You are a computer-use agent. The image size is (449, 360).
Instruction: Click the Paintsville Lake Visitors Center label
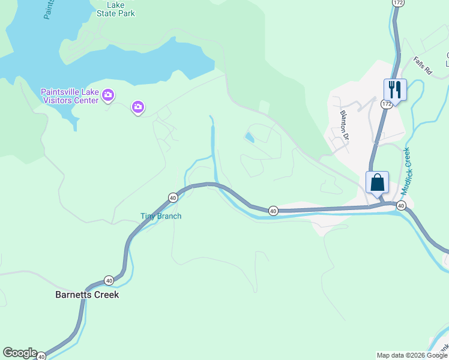(69, 96)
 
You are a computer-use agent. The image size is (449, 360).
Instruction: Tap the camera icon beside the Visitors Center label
(108, 94)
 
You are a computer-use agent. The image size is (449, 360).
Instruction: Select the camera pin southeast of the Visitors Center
(138, 107)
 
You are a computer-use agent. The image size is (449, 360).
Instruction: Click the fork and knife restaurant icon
(395, 89)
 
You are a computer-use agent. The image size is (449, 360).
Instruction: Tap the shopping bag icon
(377, 182)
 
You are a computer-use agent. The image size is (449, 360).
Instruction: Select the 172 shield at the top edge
(397, 2)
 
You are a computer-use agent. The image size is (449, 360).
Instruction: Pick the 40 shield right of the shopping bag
(401, 205)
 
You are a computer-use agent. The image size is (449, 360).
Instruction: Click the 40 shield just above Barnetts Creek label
(109, 280)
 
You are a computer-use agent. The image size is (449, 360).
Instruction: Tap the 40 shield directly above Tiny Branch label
(173, 197)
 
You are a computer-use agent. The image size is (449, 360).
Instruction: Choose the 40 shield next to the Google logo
(41, 356)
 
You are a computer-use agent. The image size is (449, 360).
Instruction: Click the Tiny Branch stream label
(161, 216)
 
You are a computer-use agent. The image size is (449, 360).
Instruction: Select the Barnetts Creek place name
(87, 295)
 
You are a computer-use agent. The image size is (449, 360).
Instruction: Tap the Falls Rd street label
(423, 65)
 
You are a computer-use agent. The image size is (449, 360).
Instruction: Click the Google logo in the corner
(19, 353)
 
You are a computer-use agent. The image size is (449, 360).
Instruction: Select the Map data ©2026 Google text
(412, 355)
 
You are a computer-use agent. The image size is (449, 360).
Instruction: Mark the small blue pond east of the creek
(249, 138)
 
